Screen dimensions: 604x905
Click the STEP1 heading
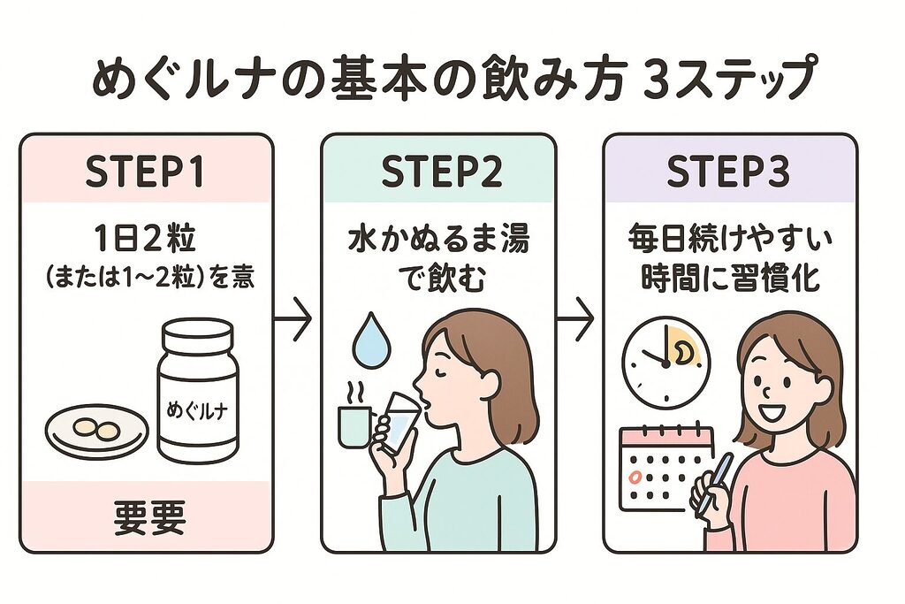(145, 173)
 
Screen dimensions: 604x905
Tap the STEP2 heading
(441, 173)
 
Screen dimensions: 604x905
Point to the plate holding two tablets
(96, 431)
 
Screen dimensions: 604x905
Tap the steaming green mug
(355, 425)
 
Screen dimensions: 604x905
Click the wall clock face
(662, 363)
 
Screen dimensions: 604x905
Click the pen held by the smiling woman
(715, 483)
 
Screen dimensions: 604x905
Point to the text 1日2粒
(145, 240)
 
